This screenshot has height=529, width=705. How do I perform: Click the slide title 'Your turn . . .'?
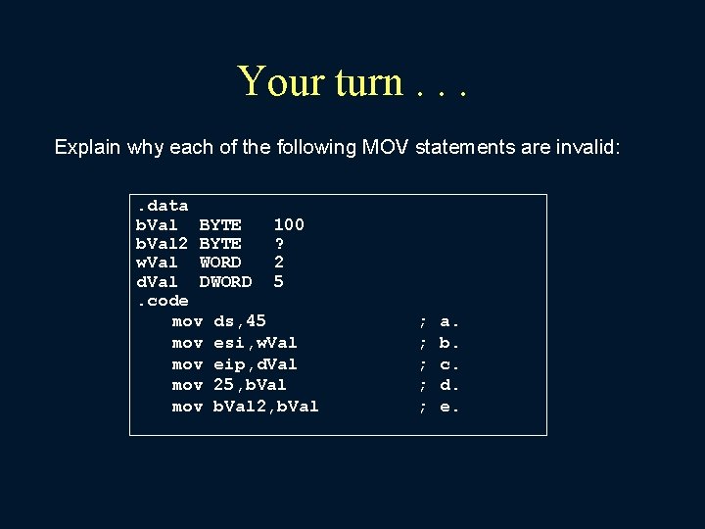[352, 81]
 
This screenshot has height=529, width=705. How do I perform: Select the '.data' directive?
[162, 206]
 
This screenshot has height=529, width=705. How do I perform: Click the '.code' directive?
[162, 301]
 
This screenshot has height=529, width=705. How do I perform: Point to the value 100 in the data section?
[289, 224]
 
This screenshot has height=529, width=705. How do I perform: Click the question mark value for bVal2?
[279, 243]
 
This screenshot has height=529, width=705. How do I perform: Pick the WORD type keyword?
[220, 263]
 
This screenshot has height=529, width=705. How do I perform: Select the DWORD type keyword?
[225, 282]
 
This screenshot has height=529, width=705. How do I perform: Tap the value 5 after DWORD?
[279, 282]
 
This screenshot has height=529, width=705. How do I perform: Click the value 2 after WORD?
[279, 263]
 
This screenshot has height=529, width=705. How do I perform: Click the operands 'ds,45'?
[240, 321]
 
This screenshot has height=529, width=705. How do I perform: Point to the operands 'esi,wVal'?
[256, 343]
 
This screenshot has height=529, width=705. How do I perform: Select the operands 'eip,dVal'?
[256, 364]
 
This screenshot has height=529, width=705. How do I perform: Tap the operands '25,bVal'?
[250, 385]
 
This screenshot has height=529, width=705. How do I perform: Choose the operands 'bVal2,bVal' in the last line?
[266, 407]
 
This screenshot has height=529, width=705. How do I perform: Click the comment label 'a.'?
[449, 321]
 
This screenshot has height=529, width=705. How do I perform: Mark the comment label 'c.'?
[449, 364]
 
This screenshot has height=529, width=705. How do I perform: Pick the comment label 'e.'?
[449, 407]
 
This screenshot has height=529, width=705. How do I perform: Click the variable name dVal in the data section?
[157, 282]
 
